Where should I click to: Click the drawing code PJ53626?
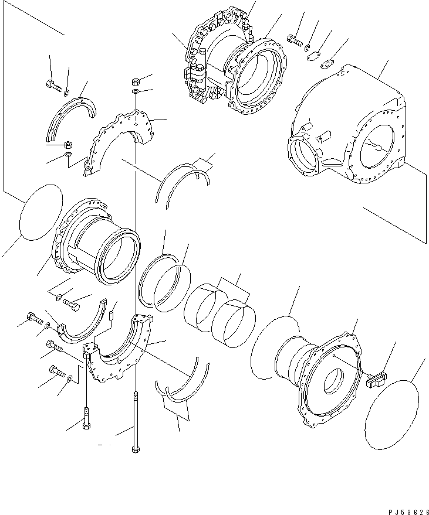(x=408, y=511)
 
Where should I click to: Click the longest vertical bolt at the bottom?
(x=135, y=422)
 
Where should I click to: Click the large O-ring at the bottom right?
(x=391, y=414)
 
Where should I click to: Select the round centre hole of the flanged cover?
(x=334, y=381)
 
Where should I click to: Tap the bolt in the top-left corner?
(x=53, y=86)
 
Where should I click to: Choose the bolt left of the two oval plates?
(x=295, y=40)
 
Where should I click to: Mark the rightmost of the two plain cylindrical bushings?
(x=233, y=322)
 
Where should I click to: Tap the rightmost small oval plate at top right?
(x=327, y=63)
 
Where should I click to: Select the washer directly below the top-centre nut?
(x=135, y=91)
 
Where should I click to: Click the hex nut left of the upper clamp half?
(x=69, y=145)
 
